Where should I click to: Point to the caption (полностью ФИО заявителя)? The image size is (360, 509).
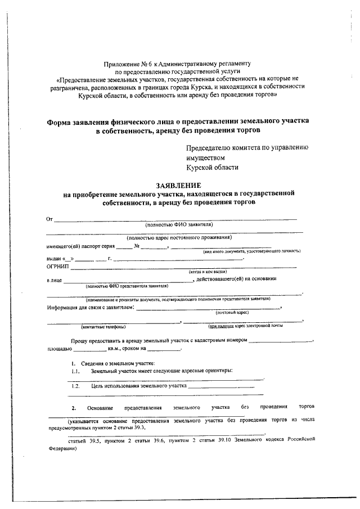click(x=178, y=224)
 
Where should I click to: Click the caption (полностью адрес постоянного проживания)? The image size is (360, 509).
click(x=179, y=237)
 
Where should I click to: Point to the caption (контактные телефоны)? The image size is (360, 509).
click(x=103, y=327)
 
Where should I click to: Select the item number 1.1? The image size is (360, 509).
click(x=76, y=372)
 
